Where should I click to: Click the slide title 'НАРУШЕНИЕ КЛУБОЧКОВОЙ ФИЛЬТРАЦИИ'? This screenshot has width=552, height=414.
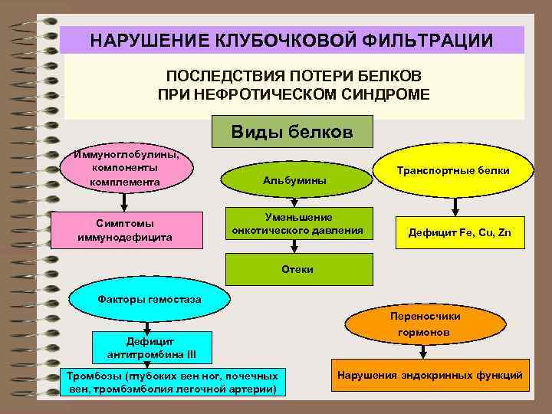click(x=292, y=40)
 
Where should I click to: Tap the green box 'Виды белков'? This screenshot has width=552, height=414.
click(x=292, y=132)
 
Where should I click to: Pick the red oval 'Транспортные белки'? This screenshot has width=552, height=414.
click(x=453, y=171)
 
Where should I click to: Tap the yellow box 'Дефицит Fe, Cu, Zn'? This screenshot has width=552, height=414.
click(x=458, y=232)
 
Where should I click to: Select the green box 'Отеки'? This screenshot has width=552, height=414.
click(x=297, y=270)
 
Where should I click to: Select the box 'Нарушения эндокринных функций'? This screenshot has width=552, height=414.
click(x=429, y=376)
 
